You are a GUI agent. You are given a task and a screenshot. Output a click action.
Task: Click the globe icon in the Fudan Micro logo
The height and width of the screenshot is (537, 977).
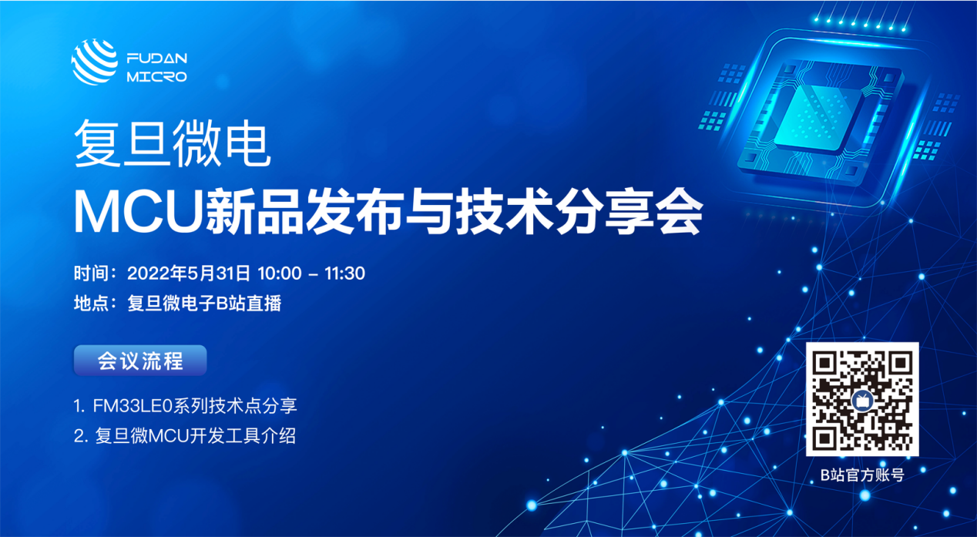[x=95, y=62]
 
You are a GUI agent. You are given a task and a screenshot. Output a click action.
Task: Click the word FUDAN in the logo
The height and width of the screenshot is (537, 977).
[x=157, y=58]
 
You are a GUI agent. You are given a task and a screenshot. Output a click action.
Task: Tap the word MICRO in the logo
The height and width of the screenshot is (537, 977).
[x=157, y=77]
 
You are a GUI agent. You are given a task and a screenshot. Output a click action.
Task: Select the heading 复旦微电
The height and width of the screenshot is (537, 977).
[x=173, y=143]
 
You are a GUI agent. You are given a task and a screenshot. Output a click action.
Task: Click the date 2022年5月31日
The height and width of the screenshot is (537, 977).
[x=189, y=274]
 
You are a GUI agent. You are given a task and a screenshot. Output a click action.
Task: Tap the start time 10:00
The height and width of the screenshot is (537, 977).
[x=280, y=274]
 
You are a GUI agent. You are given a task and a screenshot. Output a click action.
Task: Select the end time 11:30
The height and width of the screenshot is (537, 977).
[x=344, y=274]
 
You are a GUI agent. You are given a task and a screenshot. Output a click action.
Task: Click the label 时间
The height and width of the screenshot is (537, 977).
[x=91, y=274]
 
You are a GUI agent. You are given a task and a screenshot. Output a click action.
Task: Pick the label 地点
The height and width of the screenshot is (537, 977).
[x=91, y=304]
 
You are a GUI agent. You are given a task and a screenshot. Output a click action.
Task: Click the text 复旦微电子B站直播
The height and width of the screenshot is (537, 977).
[x=204, y=304]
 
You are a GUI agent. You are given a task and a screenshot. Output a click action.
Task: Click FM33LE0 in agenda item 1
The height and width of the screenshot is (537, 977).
[x=133, y=406]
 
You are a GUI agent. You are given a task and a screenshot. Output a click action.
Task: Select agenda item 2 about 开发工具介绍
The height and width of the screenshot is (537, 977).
[x=185, y=436]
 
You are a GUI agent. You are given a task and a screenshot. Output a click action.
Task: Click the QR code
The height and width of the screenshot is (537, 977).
[x=862, y=399]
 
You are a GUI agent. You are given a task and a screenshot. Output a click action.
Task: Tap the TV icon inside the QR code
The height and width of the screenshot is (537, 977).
[x=862, y=400]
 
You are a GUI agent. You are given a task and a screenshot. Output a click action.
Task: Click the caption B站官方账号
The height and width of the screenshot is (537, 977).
[x=862, y=475]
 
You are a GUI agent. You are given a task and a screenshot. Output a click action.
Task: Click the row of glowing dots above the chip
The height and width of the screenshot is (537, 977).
[x=859, y=24]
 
